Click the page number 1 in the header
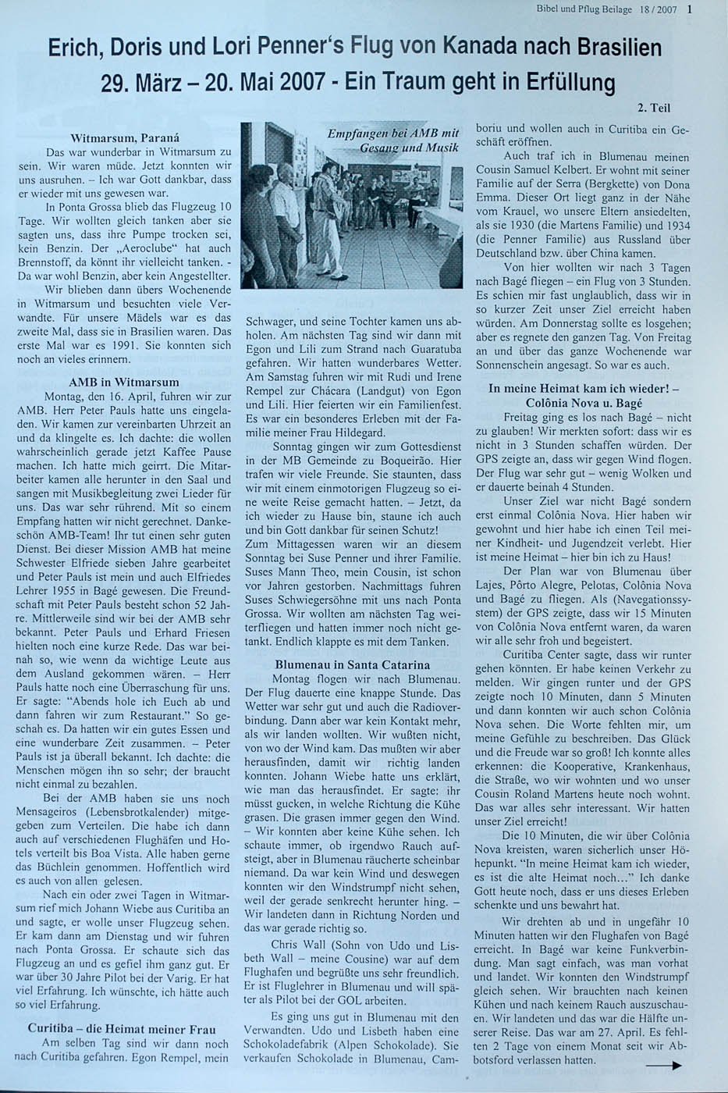pos(690,10)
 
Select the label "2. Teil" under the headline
pos(654,109)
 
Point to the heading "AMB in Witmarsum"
pos(123,383)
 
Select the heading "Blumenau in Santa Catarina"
pos(352,665)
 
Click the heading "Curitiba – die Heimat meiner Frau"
pos(122,1029)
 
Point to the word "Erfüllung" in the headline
pos(570,82)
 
